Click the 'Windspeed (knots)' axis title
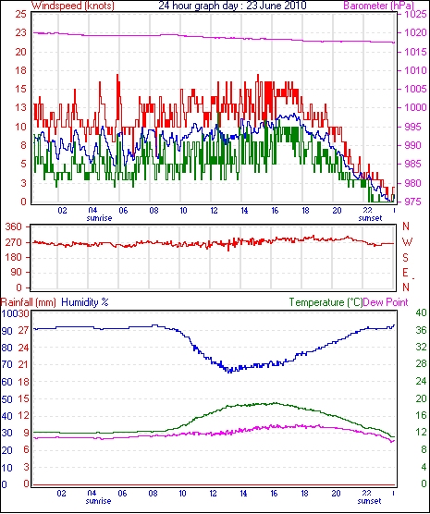pyautogui.click(x=73, y=6)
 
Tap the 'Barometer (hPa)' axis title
pyautogui.click(x=378, y=6)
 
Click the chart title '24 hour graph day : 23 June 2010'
pyautogui.click(x=232, y=6)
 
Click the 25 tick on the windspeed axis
pyautogui.click(x=21, y=15)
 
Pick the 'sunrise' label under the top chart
pyautogui.click(x=99, y=218)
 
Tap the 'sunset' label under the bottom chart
pyautogui.click(x=369, y=501)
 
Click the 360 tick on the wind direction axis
pyautogui.click(x=14, y=226)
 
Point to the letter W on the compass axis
pyautogui.click(x=407, y=242)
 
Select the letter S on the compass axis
pyautogui.click(x=405, y=258)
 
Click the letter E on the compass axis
pyautogui.click(x=405, y=273)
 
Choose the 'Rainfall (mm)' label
pyautogui.click(x=29, y=302)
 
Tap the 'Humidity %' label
pyautogui.click(x=85, y=302)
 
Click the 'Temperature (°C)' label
pyautogui.click(x=326, y=302)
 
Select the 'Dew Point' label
pyautogui.click(x=386, y=302)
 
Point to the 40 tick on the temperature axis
pyautogui.click(x=421, y=312)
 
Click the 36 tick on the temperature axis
pyautogui.click(x=421, y=330)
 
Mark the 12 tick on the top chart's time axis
pyautogui.click(x=214, y=210)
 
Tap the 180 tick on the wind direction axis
pyautogui.click(x=14, y=257)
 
